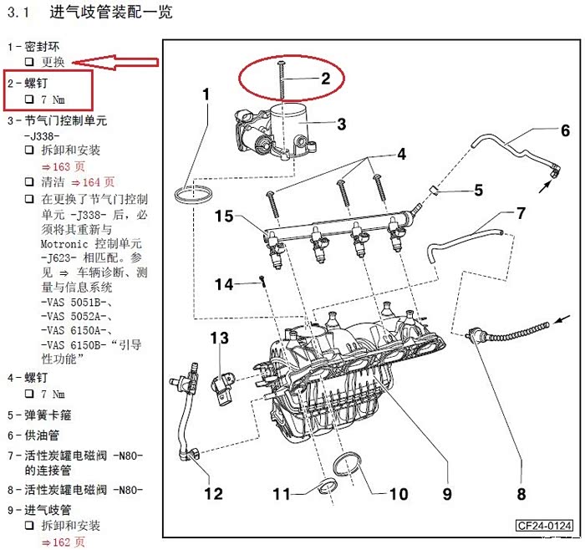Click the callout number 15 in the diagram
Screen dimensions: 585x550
pos(223,216)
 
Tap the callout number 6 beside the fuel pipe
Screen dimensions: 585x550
pos(565,130)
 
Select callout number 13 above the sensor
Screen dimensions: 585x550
pos(219,338)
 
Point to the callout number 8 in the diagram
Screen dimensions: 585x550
pos(521,494)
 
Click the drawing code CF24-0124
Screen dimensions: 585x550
pos(544,526)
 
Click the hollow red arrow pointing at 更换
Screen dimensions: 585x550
pos(115,63)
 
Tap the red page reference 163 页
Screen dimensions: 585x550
pos(64,166)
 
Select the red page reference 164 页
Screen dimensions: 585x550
pos(93,182)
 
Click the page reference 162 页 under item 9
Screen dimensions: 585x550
pos(64,542)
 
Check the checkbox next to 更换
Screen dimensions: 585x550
pos(29,62)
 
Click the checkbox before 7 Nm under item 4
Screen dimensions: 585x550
pos(29,394)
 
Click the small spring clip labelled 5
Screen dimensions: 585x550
pos(434,190)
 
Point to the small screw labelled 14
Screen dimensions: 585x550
pos(263,281)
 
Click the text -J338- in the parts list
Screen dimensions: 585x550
pos(42,135)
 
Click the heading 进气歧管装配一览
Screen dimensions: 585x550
pos(111,13)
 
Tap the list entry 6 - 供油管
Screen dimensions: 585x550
pos(33,435)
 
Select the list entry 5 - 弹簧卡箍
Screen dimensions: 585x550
pos(39,415)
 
